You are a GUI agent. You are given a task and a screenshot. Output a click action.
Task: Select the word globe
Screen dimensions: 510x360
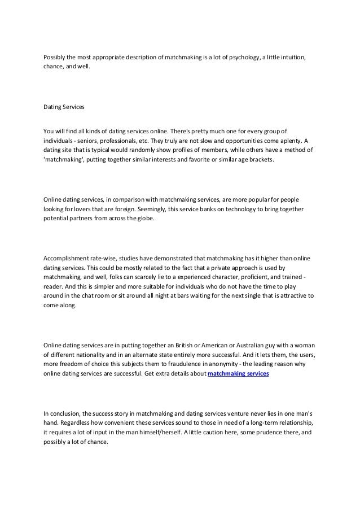point(150,220)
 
